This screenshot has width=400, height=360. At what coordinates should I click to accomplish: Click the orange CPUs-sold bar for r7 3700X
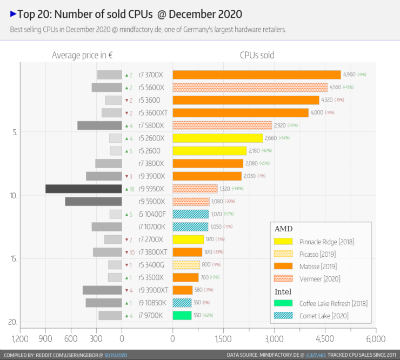[257, 75]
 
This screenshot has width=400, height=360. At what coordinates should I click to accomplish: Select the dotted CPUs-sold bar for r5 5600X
[250, 88]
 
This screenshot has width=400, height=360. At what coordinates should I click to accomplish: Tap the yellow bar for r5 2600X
[217, 138]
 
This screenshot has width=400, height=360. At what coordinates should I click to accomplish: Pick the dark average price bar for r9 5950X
[83, 189]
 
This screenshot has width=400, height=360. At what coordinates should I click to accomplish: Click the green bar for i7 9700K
[182, 315]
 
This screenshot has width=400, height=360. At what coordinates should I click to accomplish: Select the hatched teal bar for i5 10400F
[190, 214]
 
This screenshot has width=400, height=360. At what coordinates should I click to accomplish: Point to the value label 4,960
[349, 75]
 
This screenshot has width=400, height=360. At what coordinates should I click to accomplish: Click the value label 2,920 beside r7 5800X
[295, 125]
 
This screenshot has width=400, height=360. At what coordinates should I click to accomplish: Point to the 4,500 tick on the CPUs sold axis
[325, 339]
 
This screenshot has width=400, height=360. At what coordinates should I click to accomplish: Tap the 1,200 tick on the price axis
[20, 339]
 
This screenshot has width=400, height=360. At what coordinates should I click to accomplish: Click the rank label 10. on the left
[14, 195]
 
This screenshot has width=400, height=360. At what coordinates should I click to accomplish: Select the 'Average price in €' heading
[82, 55]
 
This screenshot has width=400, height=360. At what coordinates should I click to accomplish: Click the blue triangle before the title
[13, 13]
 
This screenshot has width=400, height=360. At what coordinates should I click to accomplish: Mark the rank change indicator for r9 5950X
[129, 189]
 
